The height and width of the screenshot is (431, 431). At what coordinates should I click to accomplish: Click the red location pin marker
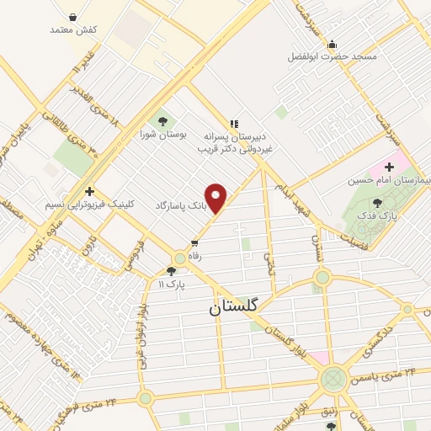click(x=216, y=198)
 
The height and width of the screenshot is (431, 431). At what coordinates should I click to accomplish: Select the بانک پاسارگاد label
click(x=179, y=205)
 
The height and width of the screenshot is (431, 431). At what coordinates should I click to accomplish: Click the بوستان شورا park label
click(x=159, y=133)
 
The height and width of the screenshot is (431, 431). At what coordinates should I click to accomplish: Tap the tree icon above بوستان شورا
click(x=161, y=120)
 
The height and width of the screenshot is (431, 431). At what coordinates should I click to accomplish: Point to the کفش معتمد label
click(x=74, y=29)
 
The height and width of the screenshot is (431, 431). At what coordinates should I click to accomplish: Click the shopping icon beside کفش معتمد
click(x=72, y=17)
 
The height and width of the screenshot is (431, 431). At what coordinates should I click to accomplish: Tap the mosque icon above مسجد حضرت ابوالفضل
click(x=333, y=45)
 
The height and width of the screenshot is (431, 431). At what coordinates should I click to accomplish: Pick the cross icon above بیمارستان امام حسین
click(x=389, y=167)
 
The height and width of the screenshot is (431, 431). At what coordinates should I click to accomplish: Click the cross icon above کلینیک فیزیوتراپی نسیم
click(x=89, y=192)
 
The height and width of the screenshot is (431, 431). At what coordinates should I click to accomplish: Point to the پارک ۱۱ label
click(x=171, y=285)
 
